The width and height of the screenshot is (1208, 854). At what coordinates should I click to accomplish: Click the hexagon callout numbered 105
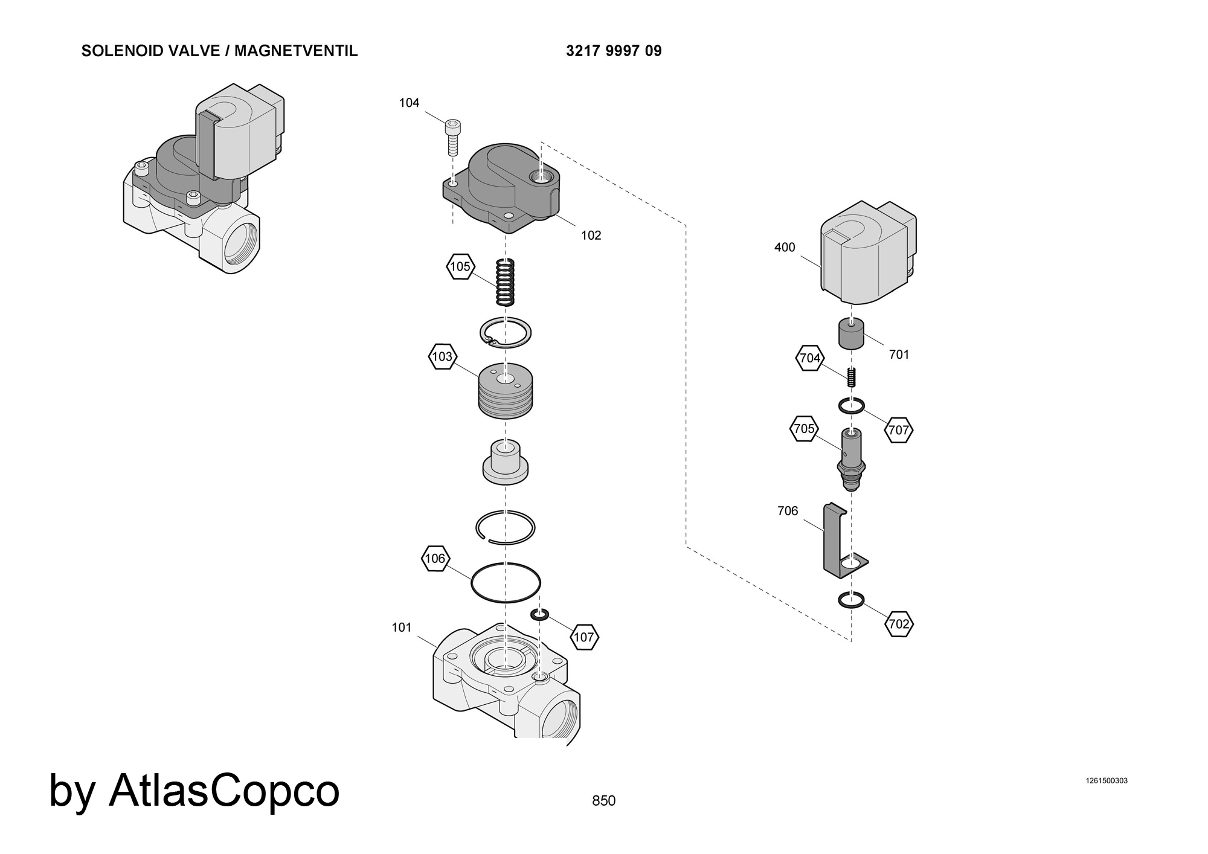pos(460,266)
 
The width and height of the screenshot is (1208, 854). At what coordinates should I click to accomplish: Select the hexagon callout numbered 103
pos(442,356)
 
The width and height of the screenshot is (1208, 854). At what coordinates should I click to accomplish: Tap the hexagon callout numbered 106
pos(435,559)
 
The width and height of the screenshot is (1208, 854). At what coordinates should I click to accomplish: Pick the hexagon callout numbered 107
pos(583,637)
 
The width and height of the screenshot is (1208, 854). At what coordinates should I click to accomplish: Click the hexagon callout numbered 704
pos(810,358)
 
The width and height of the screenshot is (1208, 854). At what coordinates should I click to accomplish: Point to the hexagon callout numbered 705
pos(805,429)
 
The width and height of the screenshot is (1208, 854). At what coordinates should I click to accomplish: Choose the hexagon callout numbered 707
pos(899,430)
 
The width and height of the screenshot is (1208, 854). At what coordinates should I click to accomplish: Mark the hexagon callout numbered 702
pos(899,624)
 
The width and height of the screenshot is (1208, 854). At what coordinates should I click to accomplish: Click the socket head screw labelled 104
pos(452,137)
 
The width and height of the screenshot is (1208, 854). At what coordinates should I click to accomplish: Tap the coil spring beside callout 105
pos(505,282)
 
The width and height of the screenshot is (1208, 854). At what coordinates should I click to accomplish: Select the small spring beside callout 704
pos(852,377)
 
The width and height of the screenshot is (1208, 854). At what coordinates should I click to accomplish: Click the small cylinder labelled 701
pos(851,335)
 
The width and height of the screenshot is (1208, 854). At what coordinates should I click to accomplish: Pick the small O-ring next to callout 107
pos(539,615)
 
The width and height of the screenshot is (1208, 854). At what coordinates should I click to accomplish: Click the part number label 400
pos(785,247)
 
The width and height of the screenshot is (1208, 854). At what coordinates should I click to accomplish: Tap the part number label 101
pos(402,628)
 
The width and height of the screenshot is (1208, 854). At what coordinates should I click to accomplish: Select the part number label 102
pos(591,236)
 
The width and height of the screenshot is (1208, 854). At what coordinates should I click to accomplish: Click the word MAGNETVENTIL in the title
pos(296,51)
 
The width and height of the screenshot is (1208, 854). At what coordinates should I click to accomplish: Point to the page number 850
pos(603,801)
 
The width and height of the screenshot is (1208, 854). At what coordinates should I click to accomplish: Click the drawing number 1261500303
pos(1107,780)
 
